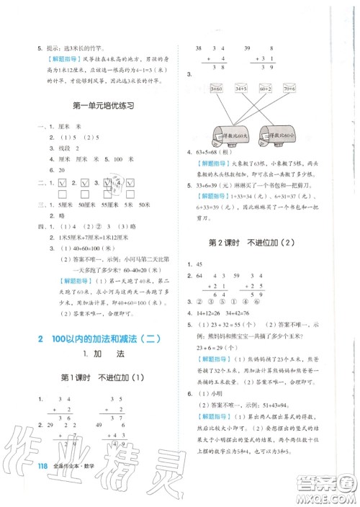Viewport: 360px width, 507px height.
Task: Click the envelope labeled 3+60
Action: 216,88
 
